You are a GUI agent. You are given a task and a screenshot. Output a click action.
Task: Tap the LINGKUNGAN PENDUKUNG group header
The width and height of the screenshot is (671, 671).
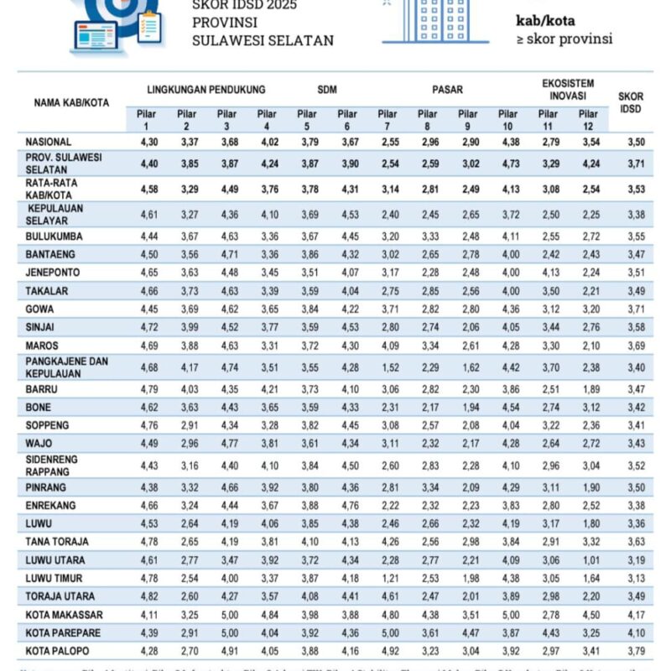point(205,89)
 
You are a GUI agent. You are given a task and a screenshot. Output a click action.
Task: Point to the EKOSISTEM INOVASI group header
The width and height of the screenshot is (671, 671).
point(568,89)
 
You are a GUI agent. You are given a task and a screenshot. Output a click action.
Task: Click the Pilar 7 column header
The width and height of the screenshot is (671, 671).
point(387,120)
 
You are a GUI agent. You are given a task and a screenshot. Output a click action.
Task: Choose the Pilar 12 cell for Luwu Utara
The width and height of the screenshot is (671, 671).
point(588,559)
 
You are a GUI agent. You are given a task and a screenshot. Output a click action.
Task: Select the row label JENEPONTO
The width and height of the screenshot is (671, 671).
point(54,273)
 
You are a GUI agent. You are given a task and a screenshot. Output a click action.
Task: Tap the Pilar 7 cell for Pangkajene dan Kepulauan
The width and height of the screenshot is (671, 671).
point(387,366)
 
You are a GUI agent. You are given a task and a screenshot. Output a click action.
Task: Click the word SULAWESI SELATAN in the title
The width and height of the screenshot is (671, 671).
point(263,40)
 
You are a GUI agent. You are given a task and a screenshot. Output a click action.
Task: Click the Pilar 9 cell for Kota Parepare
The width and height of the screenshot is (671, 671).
point(468,632)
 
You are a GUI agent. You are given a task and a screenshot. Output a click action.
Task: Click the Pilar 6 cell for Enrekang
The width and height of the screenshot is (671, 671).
point(347,506)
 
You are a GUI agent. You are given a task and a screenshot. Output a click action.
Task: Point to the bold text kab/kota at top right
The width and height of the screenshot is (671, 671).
point(546,21)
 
